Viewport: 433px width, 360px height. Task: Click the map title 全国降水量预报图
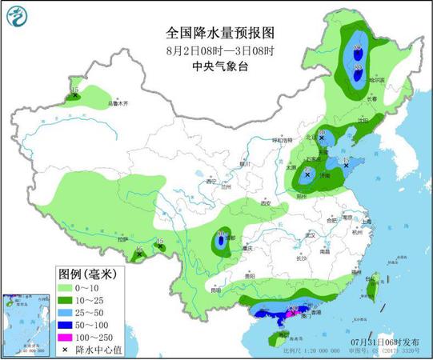click(x=217, y=33)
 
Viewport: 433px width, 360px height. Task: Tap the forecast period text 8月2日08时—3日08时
click(x=217, y=50)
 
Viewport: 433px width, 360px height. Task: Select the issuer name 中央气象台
click(x=217, y=66)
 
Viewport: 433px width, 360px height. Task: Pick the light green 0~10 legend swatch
click(x=68, y=286)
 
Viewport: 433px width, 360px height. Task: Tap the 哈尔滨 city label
click(x=376, y=80)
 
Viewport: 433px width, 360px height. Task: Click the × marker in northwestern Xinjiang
click(x=75, y=95)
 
